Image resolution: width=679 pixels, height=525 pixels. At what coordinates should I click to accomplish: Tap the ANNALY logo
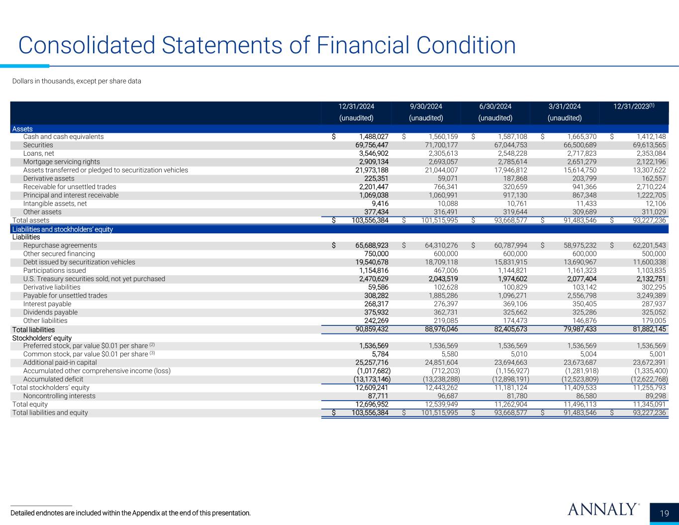pyautogui.click(x=603, y=509)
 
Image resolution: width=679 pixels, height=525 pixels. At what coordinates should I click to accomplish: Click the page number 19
pyautogui.click(x=664, y=514)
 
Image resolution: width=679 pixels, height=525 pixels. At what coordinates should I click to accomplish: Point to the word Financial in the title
pyautogui.click(x=363, y=45)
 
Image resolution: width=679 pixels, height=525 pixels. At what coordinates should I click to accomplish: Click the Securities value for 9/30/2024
pyautogui.click(x=441, y=145)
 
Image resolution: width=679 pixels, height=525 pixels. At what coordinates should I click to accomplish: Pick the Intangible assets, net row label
pyautogui.click(x=55, y=204)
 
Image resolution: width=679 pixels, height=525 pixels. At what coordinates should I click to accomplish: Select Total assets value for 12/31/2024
pyautogui.click(x=370, y=220)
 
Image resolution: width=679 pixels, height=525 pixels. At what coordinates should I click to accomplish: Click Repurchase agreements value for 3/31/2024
pyautogui.click(x=580, y=245)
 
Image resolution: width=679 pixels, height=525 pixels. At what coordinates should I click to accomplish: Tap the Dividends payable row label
pyautogui.click(x=50, y=312)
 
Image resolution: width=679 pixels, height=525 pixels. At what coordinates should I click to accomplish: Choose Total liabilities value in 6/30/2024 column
pyautogui.click(x=510, y=329)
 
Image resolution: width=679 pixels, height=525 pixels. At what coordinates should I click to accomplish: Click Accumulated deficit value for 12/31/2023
pyautogui.click(x=649, y=379)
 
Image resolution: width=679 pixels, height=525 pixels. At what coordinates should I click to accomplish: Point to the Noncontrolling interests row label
pyautogui.click(x=59, y=396)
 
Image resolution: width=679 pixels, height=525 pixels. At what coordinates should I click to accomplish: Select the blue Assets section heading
pyautogui.click(x=22, y=129)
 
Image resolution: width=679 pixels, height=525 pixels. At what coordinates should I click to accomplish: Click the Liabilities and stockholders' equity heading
pyautogui.click(x=63, y=229)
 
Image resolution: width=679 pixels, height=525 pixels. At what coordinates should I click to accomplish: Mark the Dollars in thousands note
pyautogui.click(x=77, y=81)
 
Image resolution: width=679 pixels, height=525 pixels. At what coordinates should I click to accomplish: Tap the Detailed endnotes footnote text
pyautogui.click(x=130, y=513)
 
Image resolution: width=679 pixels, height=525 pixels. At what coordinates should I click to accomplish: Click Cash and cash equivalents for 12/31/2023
pyautogui.click(x=651, y=136)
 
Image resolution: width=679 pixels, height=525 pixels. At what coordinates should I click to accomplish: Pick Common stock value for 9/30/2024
pyautogui.click(x=449, y=354)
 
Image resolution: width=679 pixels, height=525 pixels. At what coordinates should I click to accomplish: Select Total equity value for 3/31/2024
pyautogui.click(x=580, y=404)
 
